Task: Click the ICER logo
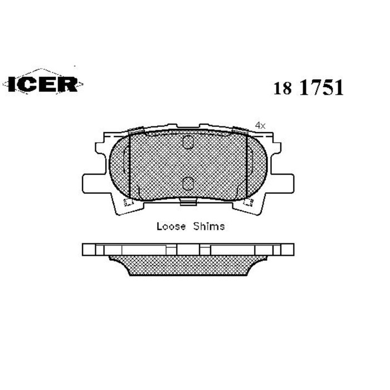pyautogui.click(x=43, y=84)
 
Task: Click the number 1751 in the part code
pyautogui.click(x=321, y=88)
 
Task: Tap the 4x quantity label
pyautogui.click(x=260, y=125)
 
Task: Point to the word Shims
pyautogui.click(x=209, y=226)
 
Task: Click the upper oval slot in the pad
pyautogui.click(x=188, y=143)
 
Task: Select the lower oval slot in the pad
pyautogui.click(x=188, y=183)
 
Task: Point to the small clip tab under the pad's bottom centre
pyautogui.click(x=188, y=202)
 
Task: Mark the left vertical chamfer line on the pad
pyautogui.click(x=129, y=165)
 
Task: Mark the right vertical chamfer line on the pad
pyautogui.click(x=246, y=165)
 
